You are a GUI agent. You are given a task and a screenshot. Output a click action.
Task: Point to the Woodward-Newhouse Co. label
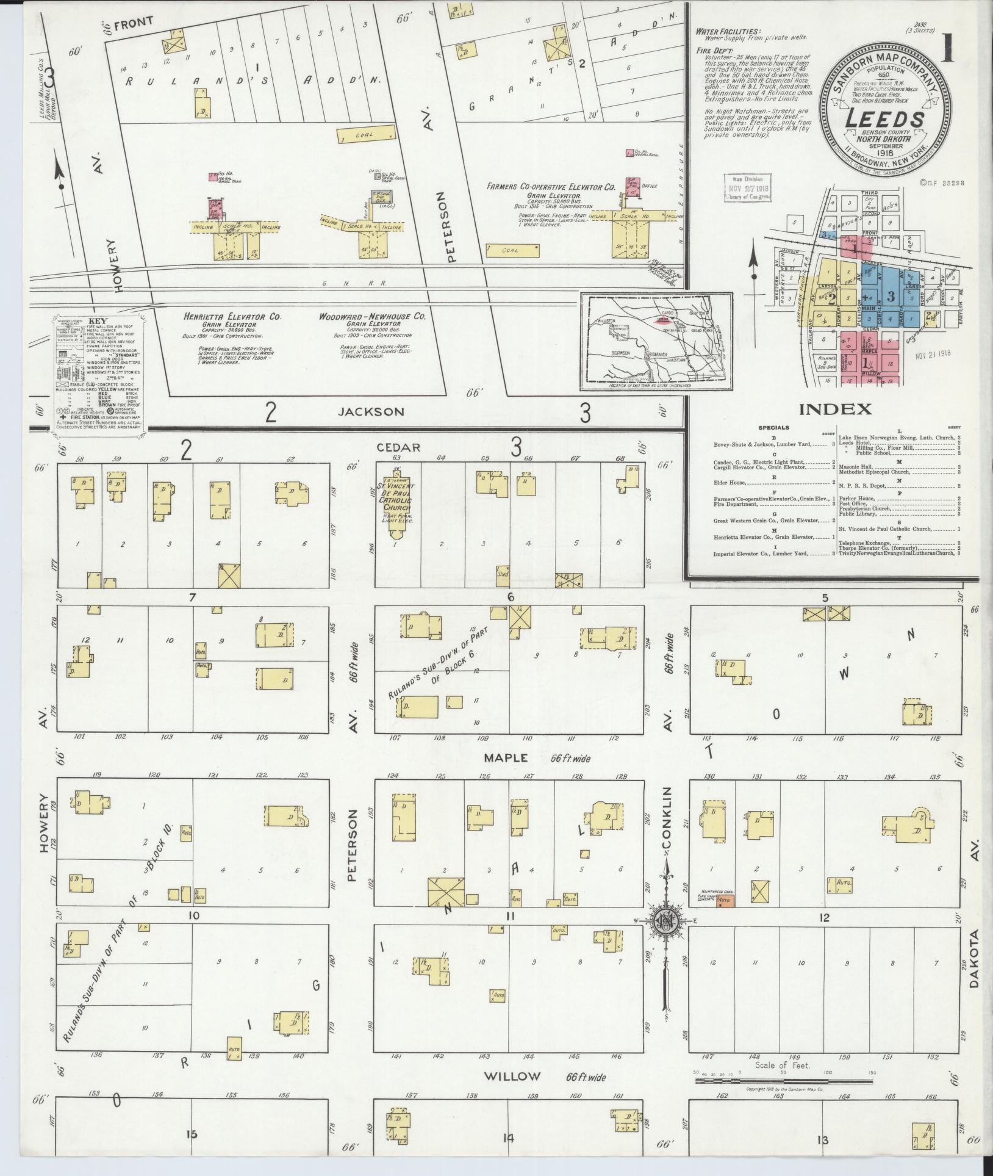tap(371, 317)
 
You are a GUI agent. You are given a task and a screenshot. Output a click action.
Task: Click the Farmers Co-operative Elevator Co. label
tap(550, 187)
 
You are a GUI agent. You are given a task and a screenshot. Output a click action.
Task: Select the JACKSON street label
tap(370, 412)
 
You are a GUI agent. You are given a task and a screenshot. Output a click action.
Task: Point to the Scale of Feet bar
tap(784, 1080)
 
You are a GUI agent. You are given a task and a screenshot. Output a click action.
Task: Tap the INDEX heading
tap(835, 409)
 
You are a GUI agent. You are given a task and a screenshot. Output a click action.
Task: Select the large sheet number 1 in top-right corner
tap(949, 47)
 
